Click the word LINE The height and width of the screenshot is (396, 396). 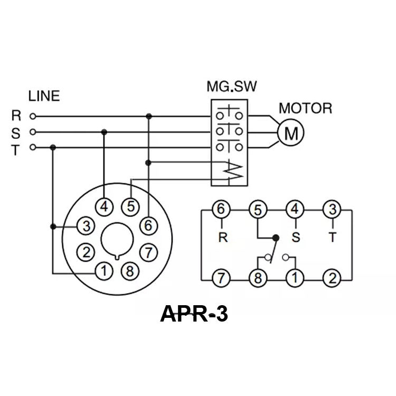pos(44,96)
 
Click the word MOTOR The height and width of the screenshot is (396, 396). pos(305,109)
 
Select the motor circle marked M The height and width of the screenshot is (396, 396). pos(290,133)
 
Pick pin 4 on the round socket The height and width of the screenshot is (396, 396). pos(105,206)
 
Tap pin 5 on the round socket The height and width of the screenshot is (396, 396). pos(130,206)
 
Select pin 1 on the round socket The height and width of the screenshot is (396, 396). pos(105,272)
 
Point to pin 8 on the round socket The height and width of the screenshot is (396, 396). pos(129,272)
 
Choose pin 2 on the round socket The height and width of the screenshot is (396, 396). pos(84,251)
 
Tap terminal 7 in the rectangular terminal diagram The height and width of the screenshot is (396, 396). pos(221,278)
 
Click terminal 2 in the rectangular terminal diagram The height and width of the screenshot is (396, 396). pos(332,278)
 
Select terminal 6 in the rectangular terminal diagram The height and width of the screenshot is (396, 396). pos(221,210)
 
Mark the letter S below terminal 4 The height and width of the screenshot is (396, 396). pos(295,238)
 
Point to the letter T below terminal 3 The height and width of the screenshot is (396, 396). pos(332,238)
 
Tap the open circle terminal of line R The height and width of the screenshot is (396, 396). pos(33,116)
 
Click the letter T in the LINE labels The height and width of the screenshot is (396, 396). pos(15,150)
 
